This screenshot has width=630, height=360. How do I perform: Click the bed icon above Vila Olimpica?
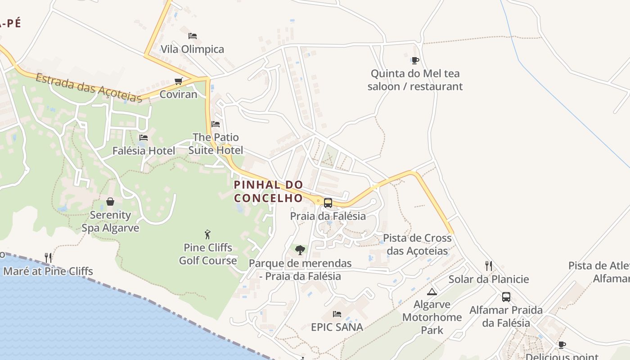(193, 36)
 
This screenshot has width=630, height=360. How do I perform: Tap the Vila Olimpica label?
(192, 49)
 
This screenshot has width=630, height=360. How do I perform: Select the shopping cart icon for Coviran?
(179, 81)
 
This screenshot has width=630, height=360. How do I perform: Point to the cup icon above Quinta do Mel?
(415, 60)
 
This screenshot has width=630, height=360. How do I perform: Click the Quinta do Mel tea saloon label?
(415, 80)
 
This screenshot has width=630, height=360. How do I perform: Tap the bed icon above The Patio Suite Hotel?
(216, 124)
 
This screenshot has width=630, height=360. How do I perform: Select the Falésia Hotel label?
(144, 151)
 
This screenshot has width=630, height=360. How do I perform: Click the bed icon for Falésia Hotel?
(144, 138)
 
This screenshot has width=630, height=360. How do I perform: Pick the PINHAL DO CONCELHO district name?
(269, 191)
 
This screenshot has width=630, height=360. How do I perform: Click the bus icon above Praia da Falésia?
(328, 203)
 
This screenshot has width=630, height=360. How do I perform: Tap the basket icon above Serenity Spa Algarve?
(110, 202)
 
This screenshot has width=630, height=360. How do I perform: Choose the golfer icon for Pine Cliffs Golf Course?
(207, 234)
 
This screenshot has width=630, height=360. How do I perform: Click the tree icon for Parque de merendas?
(300, 250)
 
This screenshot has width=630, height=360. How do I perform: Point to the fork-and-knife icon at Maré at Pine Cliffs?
(48, 258)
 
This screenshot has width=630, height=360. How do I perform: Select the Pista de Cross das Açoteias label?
(417, 244)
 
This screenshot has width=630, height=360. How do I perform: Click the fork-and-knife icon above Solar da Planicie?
(489, 266)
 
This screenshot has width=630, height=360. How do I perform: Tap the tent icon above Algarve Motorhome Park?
(432, 292)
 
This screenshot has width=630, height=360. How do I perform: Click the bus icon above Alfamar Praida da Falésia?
(506, 297)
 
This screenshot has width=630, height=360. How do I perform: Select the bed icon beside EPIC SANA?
(337, 314)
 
